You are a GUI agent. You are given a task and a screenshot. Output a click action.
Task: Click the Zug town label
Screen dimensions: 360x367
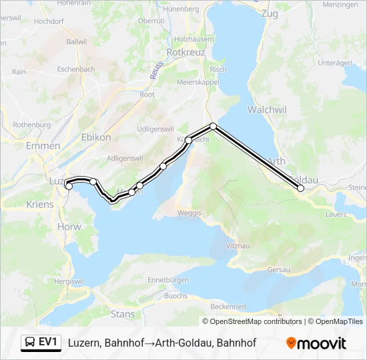point(270,13)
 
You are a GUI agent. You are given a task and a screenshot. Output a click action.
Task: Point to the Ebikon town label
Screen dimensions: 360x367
point(95,137)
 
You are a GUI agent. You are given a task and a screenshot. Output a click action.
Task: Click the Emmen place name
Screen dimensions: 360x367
point(39,145)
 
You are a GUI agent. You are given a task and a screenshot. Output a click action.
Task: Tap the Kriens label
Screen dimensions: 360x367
point(40,204)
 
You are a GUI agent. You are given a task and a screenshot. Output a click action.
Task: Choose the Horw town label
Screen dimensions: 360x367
point(69,227)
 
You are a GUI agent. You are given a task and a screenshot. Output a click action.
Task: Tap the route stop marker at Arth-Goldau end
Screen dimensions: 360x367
point(301,189)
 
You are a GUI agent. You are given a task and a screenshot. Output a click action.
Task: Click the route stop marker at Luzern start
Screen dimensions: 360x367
point(69,186)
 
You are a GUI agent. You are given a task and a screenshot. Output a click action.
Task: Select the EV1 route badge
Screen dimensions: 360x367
point(41,343)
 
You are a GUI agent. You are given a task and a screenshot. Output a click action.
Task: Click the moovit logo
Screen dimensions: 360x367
point(316,343)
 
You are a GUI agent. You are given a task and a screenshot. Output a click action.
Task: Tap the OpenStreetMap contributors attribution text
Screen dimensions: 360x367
point(252,321)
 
